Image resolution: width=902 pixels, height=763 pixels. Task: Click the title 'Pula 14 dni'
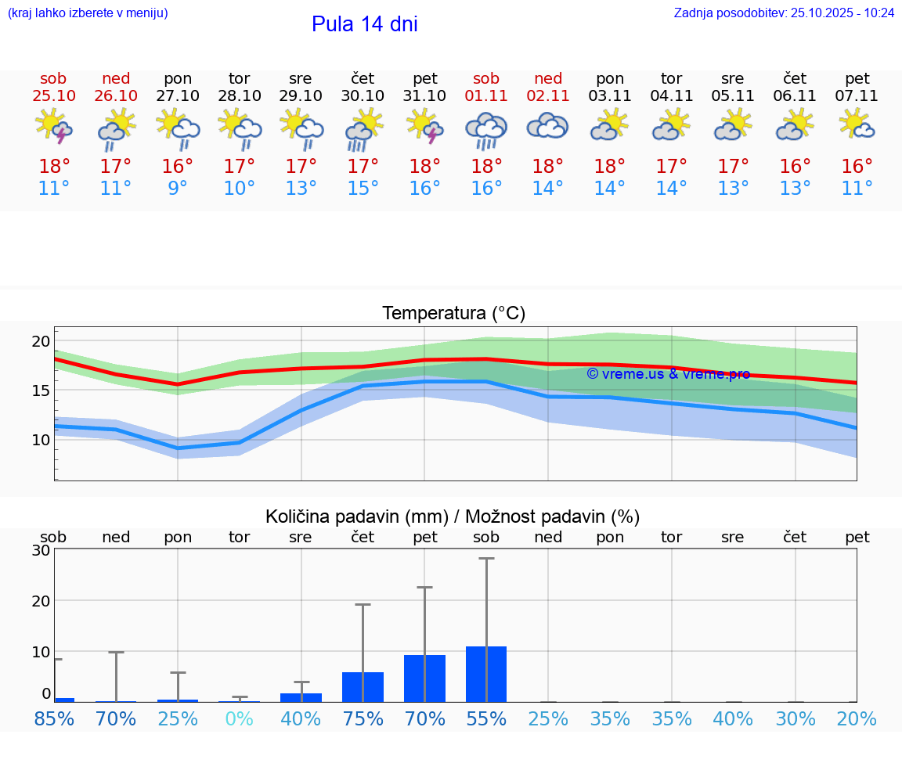click(x=364, y=24)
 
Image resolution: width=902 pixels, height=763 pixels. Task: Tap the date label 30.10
click(x=363, y=96)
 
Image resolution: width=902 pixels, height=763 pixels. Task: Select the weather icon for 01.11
click(x=486, y=128)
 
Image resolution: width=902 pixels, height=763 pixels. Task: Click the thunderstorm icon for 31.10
click(x=424, y=127)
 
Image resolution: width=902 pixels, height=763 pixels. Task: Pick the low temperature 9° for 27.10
click(x=178, y=189)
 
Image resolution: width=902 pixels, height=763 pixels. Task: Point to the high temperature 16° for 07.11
click(x=857, y=166)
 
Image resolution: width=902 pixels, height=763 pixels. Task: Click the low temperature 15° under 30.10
click(x=363, y=189)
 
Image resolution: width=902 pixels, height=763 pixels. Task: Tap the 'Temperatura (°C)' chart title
click(x=453, y=313)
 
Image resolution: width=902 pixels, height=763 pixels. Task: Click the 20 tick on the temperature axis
click(x=41, y=341)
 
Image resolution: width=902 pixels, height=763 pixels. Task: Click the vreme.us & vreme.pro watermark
click(x=668, y=374)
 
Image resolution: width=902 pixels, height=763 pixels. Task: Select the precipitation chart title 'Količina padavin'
click(x=356, y=516)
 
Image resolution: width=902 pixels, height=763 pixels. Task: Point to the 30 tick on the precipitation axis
click(x=41, y=550)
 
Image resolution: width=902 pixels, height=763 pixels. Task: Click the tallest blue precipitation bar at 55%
click(x=486, y=674)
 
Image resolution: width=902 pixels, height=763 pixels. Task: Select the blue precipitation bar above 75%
click(x=363, y=686)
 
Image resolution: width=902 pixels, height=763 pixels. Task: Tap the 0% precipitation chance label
click(x=239, y=719)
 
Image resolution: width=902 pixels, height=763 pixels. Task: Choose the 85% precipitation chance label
click(x=54, y=719)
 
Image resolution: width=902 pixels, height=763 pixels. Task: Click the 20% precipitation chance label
click(x=857, y=719)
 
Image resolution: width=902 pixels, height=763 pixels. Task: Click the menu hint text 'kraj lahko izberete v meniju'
click(x=88, y=13)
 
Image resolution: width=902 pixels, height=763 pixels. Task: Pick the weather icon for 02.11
click(x=547, y=127)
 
